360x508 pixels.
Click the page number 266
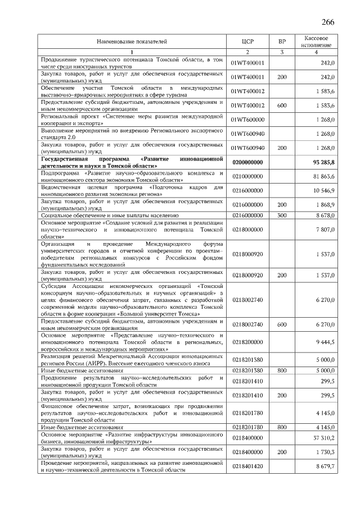[x=328, y=22]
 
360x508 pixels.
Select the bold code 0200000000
[x=247, y=162]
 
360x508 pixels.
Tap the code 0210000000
[x=247, y=176]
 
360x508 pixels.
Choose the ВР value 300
[x=282, y=215]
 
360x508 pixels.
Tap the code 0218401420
[x=247, y=466]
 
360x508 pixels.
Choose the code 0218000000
[x=247, y=230]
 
